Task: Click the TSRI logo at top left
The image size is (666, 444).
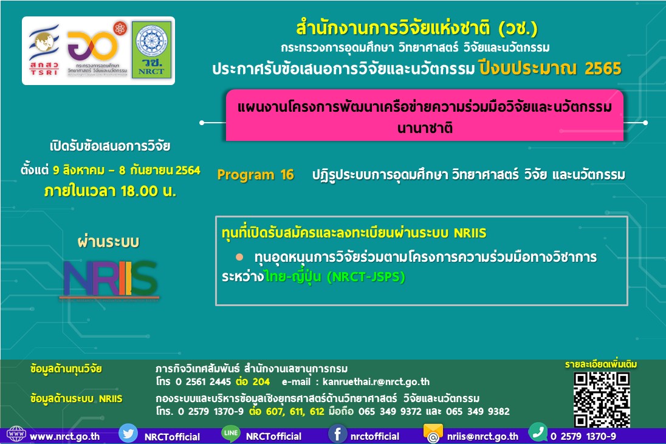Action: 44,50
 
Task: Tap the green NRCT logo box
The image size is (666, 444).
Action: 152,50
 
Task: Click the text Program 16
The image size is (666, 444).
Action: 255,174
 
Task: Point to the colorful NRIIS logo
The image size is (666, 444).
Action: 110,279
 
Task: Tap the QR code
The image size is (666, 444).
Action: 602,399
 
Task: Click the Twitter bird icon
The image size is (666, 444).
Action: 128,434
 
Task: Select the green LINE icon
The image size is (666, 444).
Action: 231,434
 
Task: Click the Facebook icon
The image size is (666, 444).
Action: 337,434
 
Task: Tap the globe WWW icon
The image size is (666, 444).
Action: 16,434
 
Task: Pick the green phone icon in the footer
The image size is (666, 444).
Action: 538,432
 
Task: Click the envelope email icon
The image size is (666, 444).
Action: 433,434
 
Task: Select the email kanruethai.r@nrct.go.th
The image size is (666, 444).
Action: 376,381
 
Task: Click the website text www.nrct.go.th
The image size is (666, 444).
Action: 64,436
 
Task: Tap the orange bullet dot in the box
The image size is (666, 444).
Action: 239,257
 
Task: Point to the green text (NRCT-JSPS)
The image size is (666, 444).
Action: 366,277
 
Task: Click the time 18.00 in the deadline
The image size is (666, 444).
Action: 139,191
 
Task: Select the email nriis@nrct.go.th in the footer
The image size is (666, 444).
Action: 482,436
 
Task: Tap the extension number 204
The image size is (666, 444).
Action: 261,381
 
